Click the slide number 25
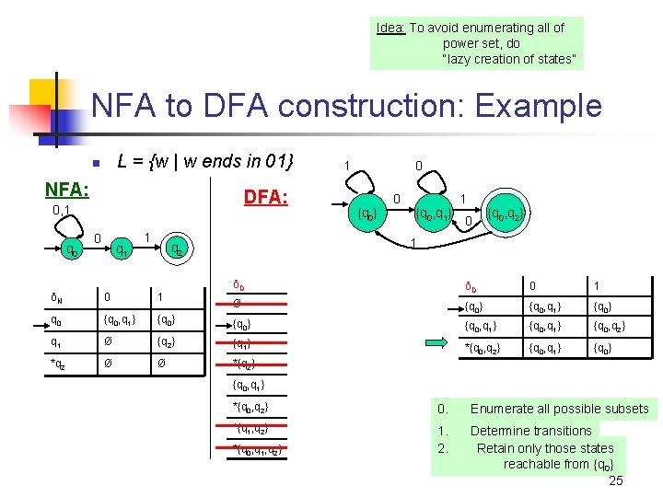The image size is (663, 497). pos(616,480)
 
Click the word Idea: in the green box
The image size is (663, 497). pos(391,28)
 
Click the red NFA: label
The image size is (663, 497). pos(67,190)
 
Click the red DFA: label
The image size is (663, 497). pos(265,198)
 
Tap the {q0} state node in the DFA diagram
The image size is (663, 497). pos(366,215)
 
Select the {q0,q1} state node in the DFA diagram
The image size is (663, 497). pos(432,215)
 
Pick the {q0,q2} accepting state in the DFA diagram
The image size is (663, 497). pos(506,215)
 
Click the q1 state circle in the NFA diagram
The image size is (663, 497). pos(120,248)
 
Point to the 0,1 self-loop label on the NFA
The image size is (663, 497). pos(62,211)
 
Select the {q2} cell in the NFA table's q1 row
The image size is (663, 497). pos(166,342)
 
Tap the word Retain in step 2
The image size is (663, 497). pos(496,448)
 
